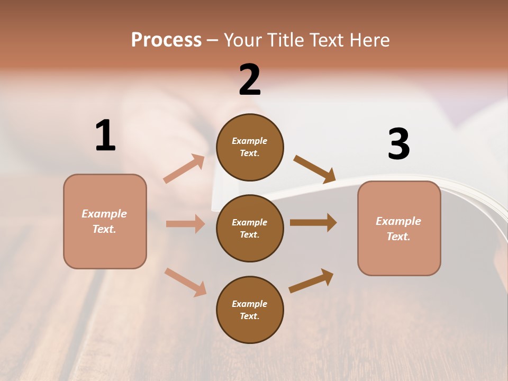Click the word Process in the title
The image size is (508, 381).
pos(166,40)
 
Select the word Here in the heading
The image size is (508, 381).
pos(369,40)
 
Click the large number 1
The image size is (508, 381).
pos(105,135)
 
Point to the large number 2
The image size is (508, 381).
pos(250,80)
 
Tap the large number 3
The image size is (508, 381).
pos(398,144)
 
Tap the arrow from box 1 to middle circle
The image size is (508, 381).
pos(185,224)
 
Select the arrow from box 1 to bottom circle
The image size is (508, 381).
pos(185,282)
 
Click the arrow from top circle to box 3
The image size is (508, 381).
pos(314,169)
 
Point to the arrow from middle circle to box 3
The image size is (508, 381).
pos(313,222)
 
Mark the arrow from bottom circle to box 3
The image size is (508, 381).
pos(311,281)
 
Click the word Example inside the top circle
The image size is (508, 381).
pos(250,141)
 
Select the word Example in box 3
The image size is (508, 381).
pos(398,221)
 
